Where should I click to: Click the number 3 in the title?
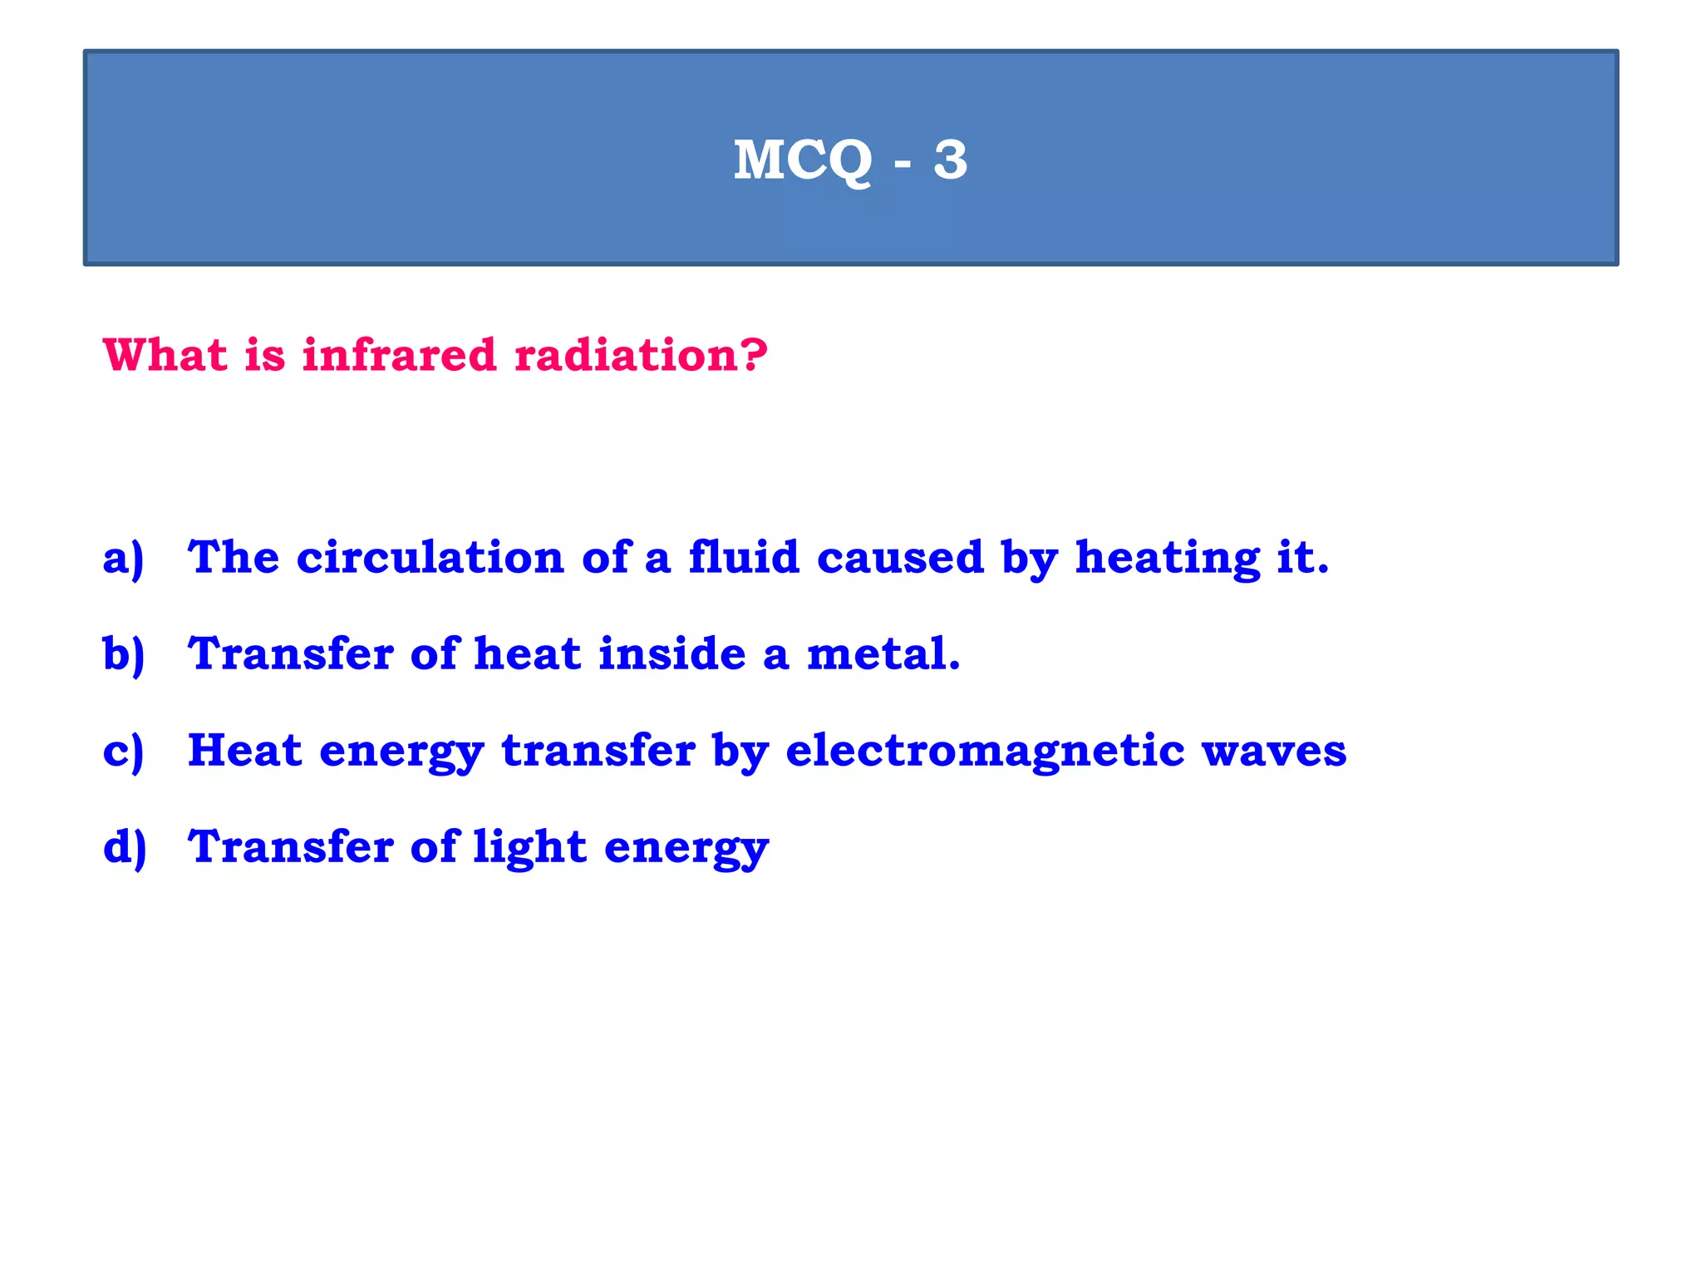point(950,160)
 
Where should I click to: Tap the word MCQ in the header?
point(803,160)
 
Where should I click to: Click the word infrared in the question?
point(399,355)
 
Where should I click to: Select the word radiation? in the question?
point(641,355)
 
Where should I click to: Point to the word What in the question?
point(165,355)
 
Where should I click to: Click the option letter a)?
point(124,558)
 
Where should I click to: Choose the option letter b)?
point(124,654)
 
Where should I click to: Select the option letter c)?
point(124,751)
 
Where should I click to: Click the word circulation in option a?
point(430,558)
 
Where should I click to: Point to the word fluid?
point(744,557)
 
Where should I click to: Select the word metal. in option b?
point(883,654)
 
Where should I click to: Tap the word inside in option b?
point(672,653)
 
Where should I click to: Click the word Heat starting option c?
point(244,751)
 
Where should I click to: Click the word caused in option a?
point(900,558)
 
